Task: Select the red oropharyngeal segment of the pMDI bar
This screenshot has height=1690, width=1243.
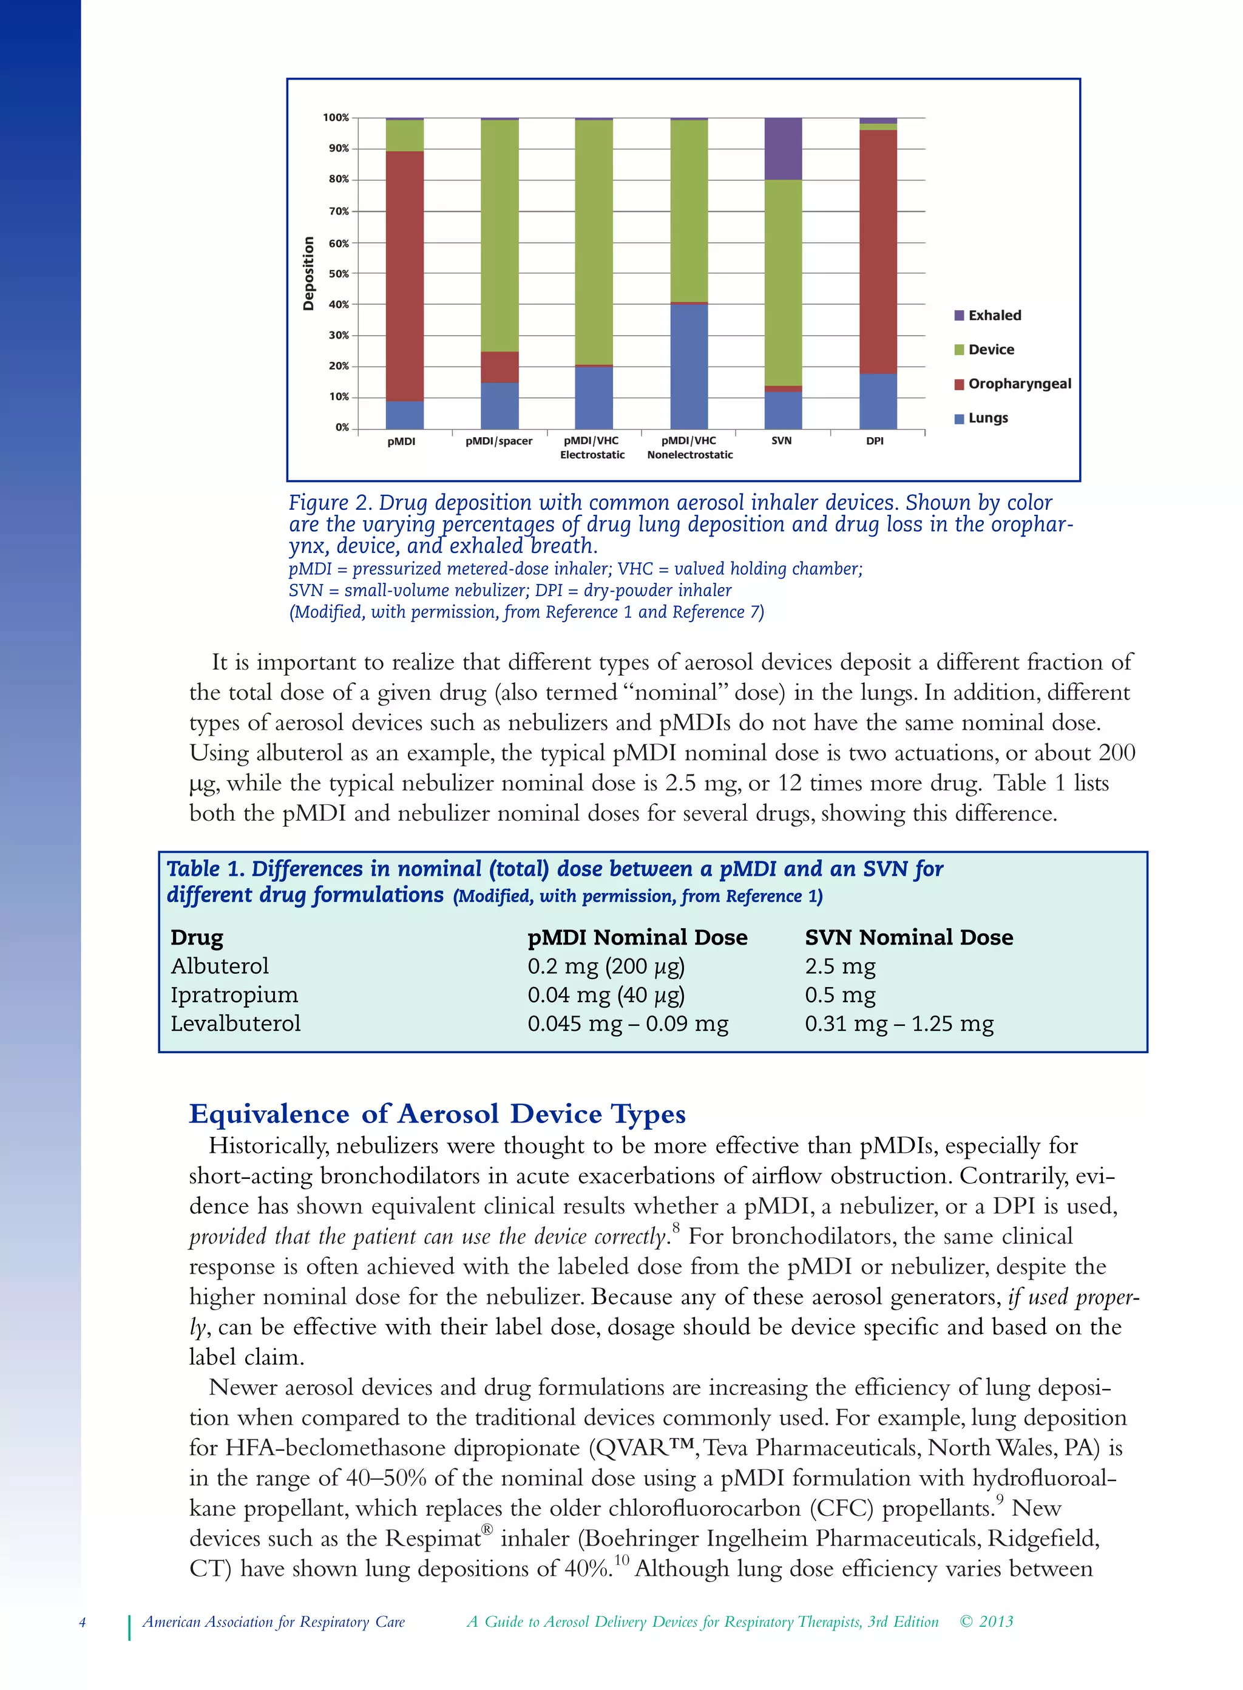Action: click(405, 276)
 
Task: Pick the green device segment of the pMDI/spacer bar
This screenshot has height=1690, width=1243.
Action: click(500, 235)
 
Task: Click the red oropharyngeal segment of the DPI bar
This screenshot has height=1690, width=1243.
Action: click(878, 251)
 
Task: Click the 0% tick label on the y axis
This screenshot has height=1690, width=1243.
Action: click(342, 427)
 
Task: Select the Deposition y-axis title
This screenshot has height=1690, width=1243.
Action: click(308, 273)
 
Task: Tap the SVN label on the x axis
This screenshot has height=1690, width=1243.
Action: click(781, 441)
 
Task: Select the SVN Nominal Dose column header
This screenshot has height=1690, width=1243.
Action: click(908, 937)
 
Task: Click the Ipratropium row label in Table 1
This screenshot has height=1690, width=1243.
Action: click(234, 995)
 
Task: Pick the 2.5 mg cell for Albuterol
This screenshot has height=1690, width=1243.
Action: click(840, 966)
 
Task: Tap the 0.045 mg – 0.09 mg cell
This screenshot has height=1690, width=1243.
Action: click(627, 1024)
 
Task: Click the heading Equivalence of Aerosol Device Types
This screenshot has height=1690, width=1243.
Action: click(436, 1114)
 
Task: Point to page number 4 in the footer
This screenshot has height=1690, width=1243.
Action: click(83, 1622)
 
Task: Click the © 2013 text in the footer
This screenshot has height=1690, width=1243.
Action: click(986, 1621)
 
